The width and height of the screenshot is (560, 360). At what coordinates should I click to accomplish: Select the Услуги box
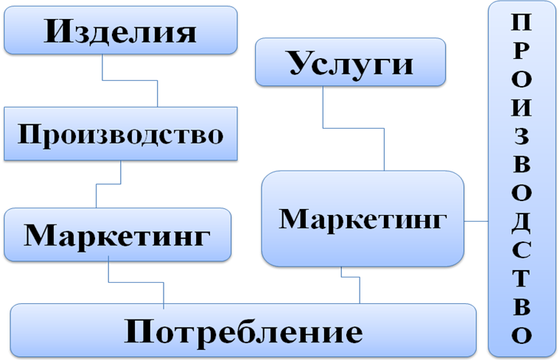point(350,63)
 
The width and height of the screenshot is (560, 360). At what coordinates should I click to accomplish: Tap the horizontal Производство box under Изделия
point(121,134)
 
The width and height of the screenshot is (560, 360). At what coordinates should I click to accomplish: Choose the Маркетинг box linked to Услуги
point(363,219)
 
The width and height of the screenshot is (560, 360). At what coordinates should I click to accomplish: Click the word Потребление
point(243,331)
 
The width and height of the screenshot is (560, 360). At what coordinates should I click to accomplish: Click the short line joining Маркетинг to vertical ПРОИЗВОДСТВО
point(475,220)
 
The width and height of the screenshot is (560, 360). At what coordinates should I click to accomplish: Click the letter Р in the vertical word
point(521,50)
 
